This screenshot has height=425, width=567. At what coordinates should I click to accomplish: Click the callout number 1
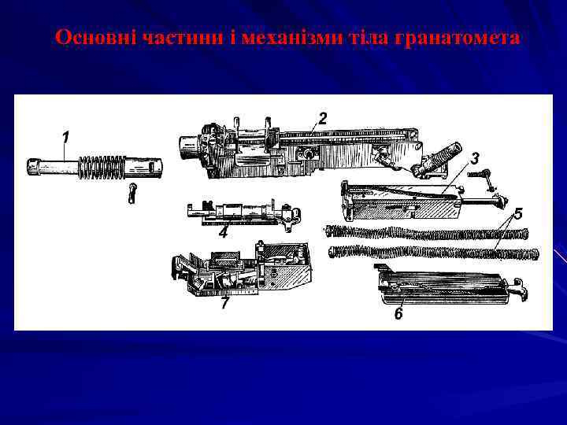[x=65, y=137]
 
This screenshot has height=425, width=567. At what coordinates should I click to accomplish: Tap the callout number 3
[x=474, y=158]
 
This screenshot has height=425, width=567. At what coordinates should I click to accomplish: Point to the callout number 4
[x=224, y=233]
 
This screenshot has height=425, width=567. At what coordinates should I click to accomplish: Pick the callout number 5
[x=517, y=213]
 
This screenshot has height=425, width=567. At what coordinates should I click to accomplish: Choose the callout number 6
[x=398, y=313]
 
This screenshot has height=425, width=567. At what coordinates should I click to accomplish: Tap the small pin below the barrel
[x=133, y=193]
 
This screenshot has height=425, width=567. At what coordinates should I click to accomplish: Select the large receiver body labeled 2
[x=299, y=150]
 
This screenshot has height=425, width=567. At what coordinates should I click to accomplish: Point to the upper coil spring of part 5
[x=425, y=232]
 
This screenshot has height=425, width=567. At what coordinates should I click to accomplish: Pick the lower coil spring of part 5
[x=433, y=253]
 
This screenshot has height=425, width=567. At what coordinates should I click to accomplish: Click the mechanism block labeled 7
[x=244, y=272]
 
